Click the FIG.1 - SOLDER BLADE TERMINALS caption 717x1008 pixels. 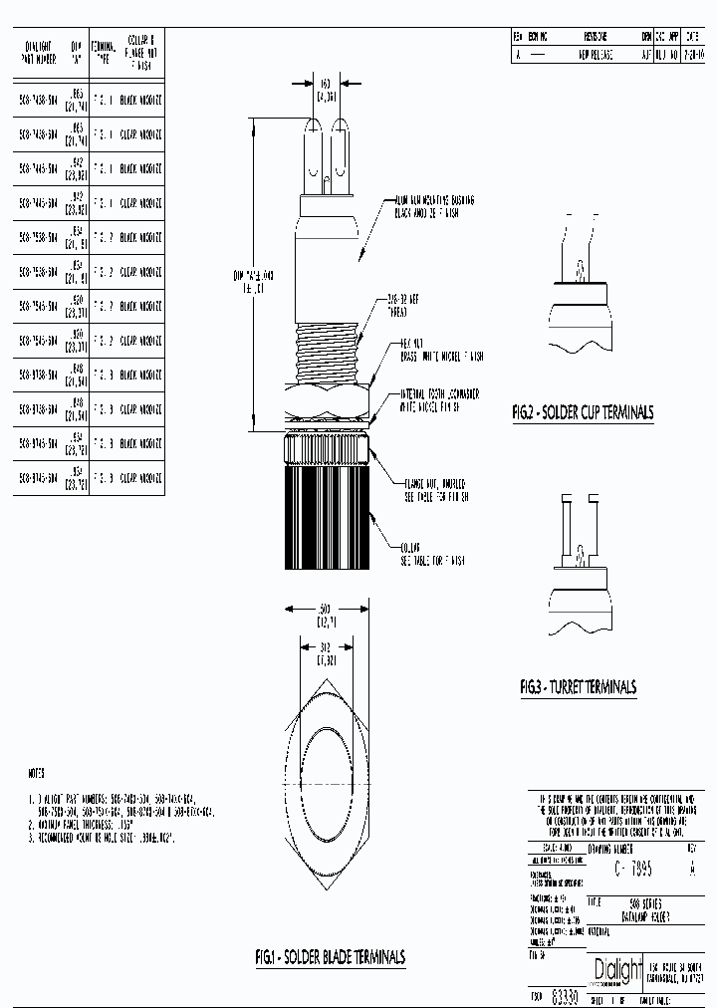[x=330, y=957]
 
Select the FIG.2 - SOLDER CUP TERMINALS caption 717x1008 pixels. [x=583, y=412]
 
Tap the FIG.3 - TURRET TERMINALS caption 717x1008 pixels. [x=578, y=687]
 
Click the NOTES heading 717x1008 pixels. [x=36, y=773]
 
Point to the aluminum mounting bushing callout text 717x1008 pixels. [x=434, y=206]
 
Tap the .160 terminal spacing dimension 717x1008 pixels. [x=324, y=90]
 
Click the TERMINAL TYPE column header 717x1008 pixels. [x=104, y=52]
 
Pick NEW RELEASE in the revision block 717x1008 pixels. [x=596, y=56]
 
